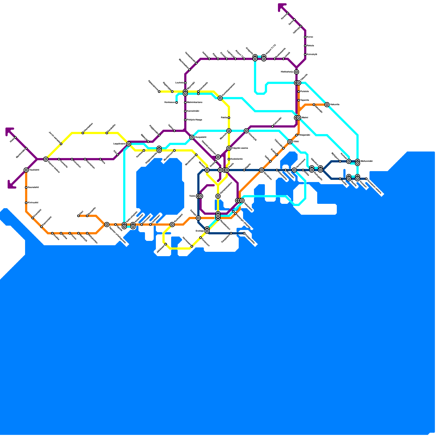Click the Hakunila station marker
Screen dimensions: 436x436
point(327,105)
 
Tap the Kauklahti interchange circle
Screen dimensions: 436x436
point(26,170)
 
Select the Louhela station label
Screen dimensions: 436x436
point(179,83)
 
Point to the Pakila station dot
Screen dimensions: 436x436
point(229,118)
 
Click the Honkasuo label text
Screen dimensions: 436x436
point(169,102)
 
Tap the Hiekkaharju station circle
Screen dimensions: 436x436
point(296,72)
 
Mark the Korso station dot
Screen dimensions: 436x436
point(305,37)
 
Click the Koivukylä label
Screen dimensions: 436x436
point(312,54)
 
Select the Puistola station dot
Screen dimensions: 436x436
point(299,92)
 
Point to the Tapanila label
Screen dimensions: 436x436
point(305,100)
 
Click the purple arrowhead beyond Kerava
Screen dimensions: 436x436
point(281,7)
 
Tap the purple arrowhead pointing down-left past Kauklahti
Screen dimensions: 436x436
point(11,185)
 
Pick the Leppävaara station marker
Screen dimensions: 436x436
point(129,144)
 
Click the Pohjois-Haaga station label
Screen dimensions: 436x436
point(194,120)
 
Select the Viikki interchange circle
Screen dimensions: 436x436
point(290,142)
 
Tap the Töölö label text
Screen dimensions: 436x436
point(192,196)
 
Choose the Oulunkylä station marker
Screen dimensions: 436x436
point(246,131)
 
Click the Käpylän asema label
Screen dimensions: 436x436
point(240,148)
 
